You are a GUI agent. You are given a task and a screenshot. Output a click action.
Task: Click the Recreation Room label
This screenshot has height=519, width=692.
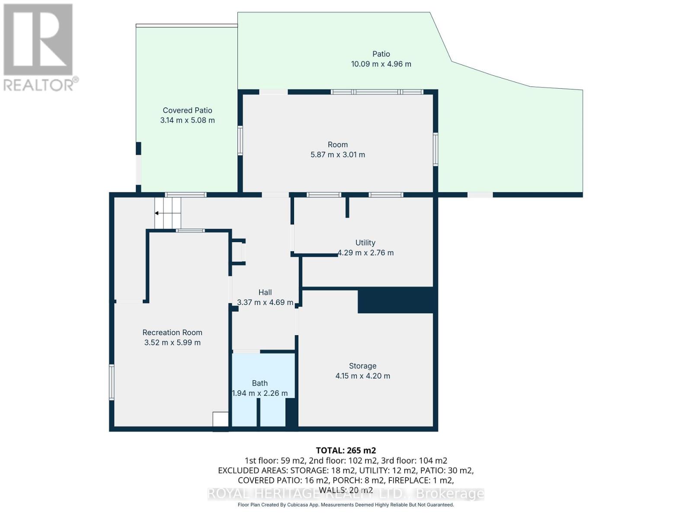pyautogui.click(x=172, y=333)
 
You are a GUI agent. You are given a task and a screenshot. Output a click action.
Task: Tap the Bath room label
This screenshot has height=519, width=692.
pyautogui.click(x=259, y=383)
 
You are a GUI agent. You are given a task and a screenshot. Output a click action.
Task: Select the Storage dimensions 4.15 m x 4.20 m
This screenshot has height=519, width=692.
pyautogui.click(x=362, y=376)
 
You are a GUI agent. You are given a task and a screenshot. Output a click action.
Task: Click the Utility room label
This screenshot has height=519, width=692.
pyautogui.click(x=365, y=243)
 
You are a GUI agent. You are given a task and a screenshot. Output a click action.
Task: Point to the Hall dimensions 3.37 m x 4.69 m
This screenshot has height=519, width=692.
pyautogui.click(x=265, y=302)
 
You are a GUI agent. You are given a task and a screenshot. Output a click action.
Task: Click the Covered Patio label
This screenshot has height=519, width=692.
pyautogui.click(x=187, y=110)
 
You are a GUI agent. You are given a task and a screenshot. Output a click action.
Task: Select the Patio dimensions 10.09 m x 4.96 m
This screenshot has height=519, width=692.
pyautogui.click(x=381, y=64)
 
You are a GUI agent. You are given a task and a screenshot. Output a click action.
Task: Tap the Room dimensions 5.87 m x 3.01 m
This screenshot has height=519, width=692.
pyautogui.click(x=337, y=155)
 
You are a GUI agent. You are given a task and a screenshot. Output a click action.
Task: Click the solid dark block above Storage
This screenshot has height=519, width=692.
pyautogui.click(x=395, y=300)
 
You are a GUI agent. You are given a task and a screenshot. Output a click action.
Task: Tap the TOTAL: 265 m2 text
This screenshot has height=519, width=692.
pyautogui.click(x=346, y=450)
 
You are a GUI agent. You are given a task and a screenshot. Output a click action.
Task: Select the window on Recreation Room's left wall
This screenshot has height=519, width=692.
pyautogui.click(x=112, y=382)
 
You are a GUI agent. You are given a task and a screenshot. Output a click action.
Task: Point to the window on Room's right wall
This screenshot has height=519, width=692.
pyautogui.click(x=436, y=150)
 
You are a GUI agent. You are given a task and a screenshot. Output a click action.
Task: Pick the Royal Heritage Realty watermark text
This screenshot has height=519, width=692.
pyautogui.click(x=346, y=494)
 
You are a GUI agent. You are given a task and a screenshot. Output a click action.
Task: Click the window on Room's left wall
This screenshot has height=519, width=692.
pyautogui.click(x=240, y=140)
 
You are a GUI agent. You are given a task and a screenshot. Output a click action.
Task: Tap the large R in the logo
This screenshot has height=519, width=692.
pyautogui.click(x=38, y=40)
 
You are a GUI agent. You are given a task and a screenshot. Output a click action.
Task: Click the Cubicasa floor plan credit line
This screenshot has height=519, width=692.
pyautogui.click(x=346, y=505)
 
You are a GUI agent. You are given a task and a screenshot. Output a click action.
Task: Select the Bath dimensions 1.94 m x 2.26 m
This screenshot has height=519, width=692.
pyautogui.click(x=259, y=393)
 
